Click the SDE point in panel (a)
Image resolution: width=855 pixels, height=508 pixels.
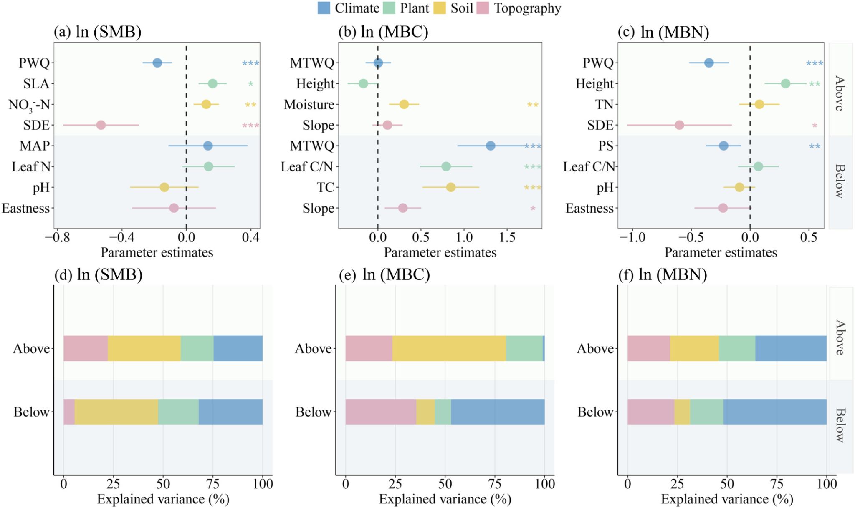click(x=101, y=125)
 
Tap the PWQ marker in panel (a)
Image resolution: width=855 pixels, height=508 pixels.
click(x=157, y=63)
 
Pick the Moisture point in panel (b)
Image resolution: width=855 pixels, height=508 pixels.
click(x=404, y=104)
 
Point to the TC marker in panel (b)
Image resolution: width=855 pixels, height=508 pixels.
click(x=451, y=187)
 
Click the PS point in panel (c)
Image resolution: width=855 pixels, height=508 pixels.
click(x=723, y=146)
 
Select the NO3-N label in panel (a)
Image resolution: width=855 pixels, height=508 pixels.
click(x=29, y=105)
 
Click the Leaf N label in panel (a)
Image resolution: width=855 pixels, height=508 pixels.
click(x=31, y=167)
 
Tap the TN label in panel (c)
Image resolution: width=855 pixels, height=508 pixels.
click(x=604, y=104)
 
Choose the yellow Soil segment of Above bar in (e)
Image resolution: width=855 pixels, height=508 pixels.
click(x=449, y=348)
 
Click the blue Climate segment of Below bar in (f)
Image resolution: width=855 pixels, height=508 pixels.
click(x=775, y=412)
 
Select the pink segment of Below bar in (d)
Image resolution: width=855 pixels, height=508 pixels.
click(x=69, y=412)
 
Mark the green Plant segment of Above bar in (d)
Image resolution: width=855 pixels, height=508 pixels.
click(x=197, y=348)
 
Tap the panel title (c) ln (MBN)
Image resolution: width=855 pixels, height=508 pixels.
click(x=663, y=32)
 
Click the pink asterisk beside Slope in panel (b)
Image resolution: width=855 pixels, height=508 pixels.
click(x=533, y=209)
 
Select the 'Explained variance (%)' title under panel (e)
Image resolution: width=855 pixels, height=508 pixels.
click(x=445, y=499)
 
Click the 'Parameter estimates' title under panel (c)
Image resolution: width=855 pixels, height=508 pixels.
click(x=721, y=252)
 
